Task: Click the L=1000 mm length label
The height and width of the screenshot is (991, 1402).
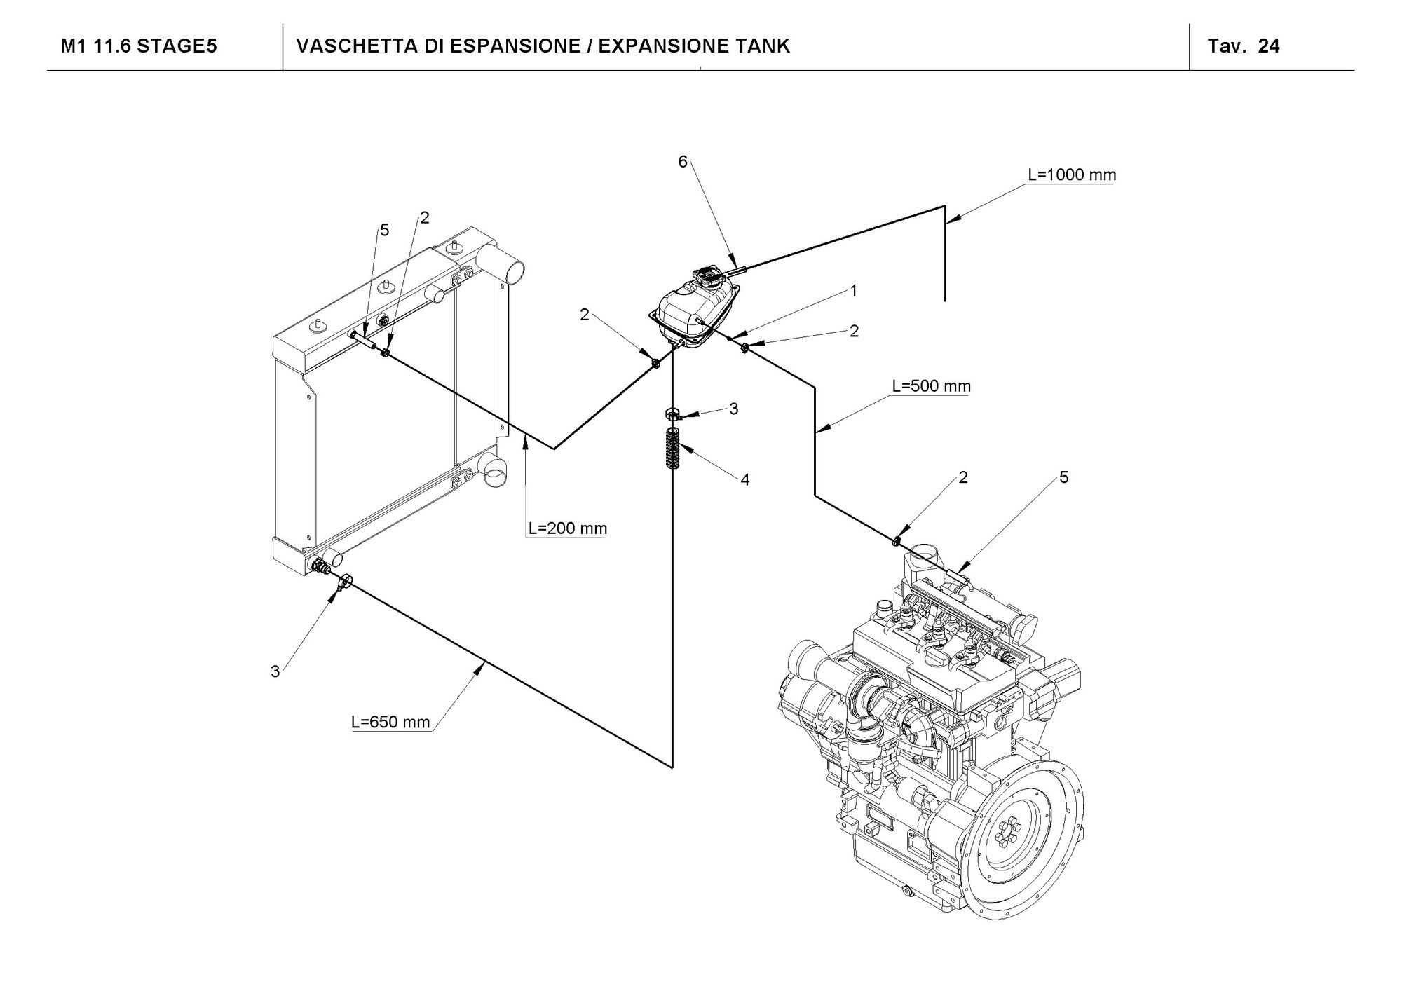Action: point(1072,175)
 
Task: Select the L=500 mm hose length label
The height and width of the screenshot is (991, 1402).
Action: point(931,386)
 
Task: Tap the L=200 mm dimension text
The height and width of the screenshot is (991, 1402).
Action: point(568,528)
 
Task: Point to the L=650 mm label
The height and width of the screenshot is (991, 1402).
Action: point(390,722)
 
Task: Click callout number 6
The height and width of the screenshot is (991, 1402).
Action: point(683,162)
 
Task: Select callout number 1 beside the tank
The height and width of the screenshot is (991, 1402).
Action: point(854,290)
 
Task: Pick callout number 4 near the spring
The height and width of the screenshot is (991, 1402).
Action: point(745,480)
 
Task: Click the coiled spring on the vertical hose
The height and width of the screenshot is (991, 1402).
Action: point(673,449)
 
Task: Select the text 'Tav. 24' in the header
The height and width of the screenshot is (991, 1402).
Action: point(1243,46)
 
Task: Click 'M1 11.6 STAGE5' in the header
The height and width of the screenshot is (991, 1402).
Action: point(139,46)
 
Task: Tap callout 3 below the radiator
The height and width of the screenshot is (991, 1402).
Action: point(275,671)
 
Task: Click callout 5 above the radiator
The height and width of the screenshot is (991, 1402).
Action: point(384,230)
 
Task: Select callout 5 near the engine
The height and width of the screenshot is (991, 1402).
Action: point(1064,477)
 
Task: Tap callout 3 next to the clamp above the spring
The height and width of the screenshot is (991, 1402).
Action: point(734,409)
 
